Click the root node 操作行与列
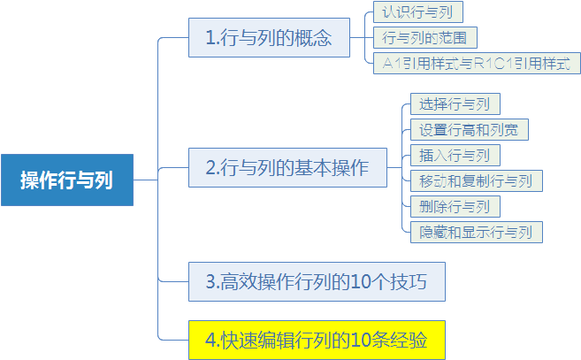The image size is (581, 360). click(67, 180)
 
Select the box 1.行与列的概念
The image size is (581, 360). click(269, 37)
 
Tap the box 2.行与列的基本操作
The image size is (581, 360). click(287, 167)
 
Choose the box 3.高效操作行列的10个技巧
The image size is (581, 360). click(317, 282)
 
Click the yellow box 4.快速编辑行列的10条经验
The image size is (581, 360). click(317, 340)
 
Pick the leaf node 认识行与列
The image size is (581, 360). click(418, 11)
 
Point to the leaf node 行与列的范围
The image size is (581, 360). click(425, 37)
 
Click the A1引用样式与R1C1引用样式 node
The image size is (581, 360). click(477, 63)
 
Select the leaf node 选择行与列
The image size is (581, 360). click(455, 103)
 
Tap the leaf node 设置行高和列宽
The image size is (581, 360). click(470, 130)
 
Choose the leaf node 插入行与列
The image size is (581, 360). click(455, 156)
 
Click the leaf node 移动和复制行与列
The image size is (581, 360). click(477, 181)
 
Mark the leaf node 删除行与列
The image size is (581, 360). click(455, 206)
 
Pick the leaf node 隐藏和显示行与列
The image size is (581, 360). click(477, 232)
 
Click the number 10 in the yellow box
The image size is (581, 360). click(361, 341)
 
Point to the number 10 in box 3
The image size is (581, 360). click(361, 282)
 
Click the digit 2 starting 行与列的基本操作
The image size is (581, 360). click(210, 168)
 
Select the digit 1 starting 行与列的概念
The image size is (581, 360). click(210, 38)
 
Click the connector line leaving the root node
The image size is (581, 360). click(146, 180)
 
